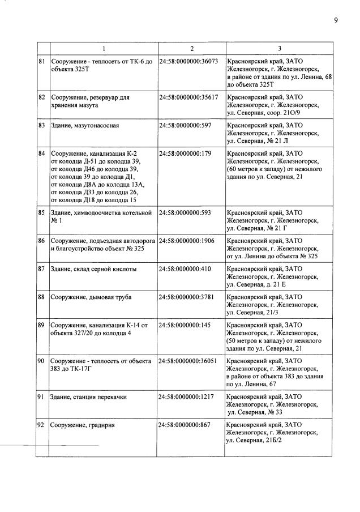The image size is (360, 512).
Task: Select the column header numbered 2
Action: pyautogui.click(x=192, y=48)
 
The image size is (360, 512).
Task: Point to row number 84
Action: pyautogui.click(x=42, y=153)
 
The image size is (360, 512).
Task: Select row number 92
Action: pyautogui.click(x=42, y=425)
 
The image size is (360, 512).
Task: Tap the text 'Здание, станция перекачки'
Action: pyautogui.click(x=89, y=397)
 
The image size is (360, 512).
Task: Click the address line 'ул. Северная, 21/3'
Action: pyautogui.click(x=253, y=312)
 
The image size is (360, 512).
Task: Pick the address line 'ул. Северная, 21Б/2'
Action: pyautogui.click(x=256, y=440)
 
